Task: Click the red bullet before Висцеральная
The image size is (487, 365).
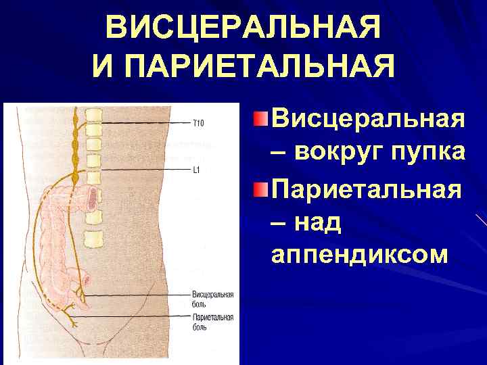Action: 260,120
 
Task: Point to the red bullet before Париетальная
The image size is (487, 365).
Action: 260,186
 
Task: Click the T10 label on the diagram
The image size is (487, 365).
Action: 198,123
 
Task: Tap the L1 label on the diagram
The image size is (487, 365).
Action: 196,170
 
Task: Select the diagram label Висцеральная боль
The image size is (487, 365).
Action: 213,298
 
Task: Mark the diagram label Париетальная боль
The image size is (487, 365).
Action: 213,322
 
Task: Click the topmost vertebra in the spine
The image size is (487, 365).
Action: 92,112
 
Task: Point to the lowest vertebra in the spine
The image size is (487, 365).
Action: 93,239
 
